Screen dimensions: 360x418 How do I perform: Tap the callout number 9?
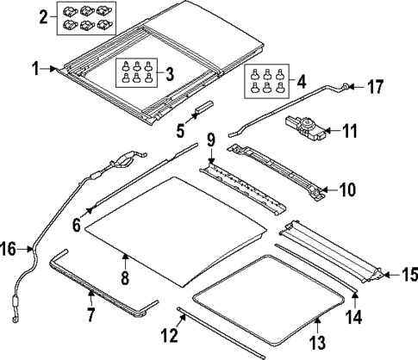[x=210, y=139]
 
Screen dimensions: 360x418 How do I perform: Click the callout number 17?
[x=375, y=86]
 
